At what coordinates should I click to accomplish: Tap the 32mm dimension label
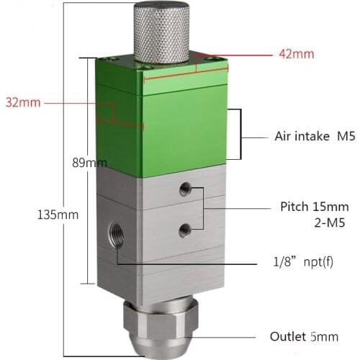[23, 102]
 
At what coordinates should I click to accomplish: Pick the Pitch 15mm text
[314, 207]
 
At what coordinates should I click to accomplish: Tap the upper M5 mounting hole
[185, 189]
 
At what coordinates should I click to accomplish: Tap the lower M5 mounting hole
[185, 230]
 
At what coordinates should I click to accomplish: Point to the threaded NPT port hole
[116, 233]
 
